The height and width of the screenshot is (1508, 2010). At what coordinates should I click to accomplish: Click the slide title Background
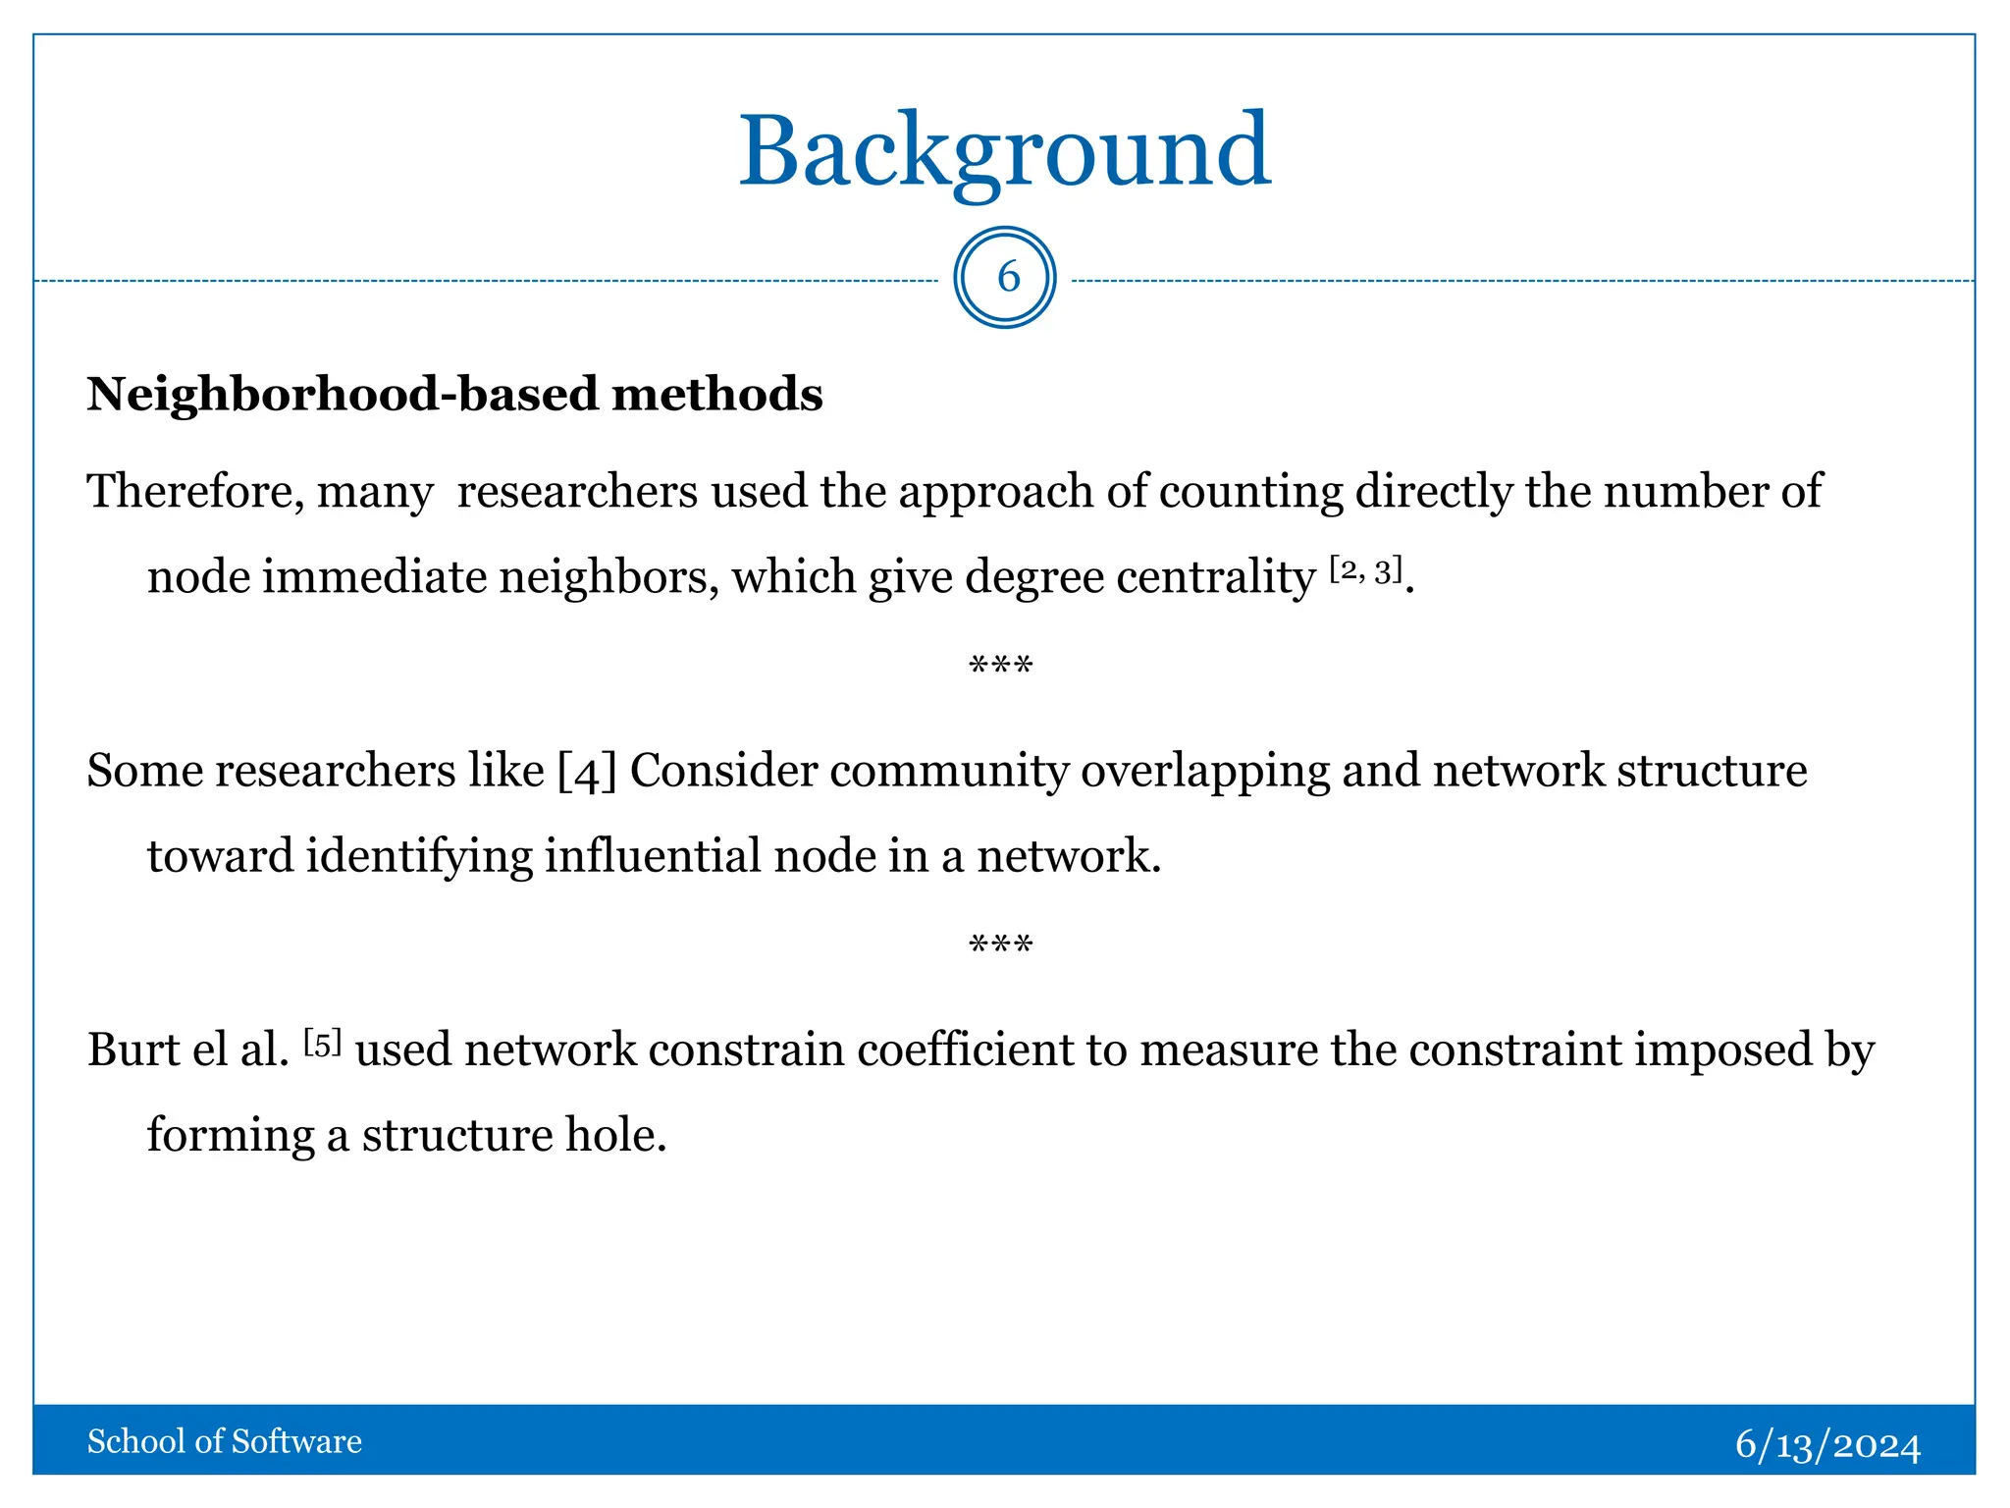pos(1004,152)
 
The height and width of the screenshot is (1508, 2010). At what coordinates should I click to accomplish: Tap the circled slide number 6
pos(1005,278)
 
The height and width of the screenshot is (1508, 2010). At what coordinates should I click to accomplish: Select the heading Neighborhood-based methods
pos(454,395)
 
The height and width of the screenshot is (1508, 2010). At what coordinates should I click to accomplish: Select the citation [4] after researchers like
pos(587,772)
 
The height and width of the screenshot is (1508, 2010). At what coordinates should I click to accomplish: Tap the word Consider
pos(723,771)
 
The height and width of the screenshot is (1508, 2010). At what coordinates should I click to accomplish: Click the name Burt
pos(134,1050)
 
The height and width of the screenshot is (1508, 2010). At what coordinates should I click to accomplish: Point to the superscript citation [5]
pos(322,1043)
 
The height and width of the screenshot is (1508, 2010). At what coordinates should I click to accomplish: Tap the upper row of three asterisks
pos(1000,667)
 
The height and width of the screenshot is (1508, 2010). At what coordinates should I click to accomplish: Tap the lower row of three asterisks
pos(1000,945)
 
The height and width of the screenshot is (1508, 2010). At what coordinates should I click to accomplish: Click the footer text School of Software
pos(225,1441)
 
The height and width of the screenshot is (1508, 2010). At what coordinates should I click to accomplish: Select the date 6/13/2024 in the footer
pos(1827,1444)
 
